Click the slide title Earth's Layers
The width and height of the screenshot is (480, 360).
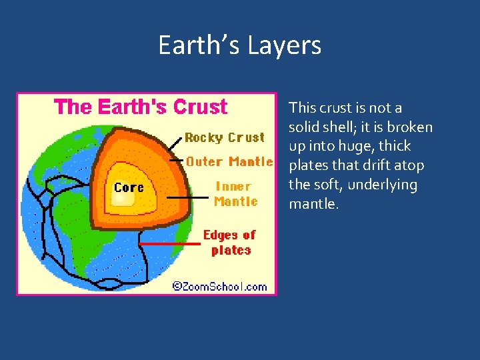pos(239,45)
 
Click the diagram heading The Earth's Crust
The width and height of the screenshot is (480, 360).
pos(141,107)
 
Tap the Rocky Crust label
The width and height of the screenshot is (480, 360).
pos(225,137)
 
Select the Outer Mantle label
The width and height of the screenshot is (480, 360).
pos(229,161)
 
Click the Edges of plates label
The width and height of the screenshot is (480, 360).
pos(230,243)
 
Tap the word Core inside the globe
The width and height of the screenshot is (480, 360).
pos(129,187)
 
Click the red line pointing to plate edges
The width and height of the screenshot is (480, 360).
pos(171,244)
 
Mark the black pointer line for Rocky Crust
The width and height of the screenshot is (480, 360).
pos(175,141)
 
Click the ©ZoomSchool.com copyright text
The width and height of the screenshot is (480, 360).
pos(219,287)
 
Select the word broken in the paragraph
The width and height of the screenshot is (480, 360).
pos(411,127)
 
